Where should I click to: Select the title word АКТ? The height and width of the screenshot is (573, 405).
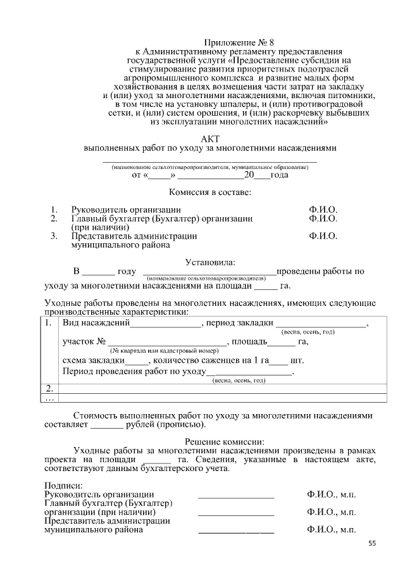pyautogui.click(x=209, y=138)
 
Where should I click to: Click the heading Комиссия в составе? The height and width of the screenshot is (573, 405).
pyautogui.click(x=209, y=191)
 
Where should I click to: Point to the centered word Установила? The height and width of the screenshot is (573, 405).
pyautogui.click(x=209, y=261)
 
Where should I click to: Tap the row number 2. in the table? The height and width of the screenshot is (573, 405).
pyautogui.click(x=51, y=388)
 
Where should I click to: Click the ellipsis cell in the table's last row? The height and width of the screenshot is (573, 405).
pyautogui.click(x=51, y=398)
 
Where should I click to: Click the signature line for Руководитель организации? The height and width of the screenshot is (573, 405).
pyautogui.click(x=236, y=494)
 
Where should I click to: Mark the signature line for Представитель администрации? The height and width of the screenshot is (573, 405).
pyautogui.click(x=236, y=531)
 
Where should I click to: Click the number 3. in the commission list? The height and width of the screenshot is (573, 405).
pyautogui.click(x=54, y=236)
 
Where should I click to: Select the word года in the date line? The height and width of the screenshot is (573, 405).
pyautogui.click(x=279, y=175)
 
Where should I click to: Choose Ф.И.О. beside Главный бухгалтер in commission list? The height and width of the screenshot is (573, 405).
pyautogui.click(x=323, y=218)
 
